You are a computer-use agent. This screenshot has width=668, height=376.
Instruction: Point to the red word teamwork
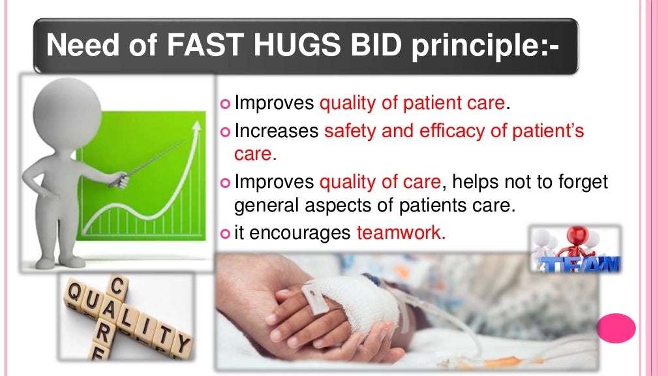(401, 233)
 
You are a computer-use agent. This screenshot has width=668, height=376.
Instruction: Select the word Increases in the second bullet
(277, 131)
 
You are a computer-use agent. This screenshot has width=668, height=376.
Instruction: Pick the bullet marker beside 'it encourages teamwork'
(226, 234)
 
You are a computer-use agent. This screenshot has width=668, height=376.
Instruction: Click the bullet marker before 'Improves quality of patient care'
(226, 103)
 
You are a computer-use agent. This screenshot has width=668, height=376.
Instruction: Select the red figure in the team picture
(578, 242)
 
